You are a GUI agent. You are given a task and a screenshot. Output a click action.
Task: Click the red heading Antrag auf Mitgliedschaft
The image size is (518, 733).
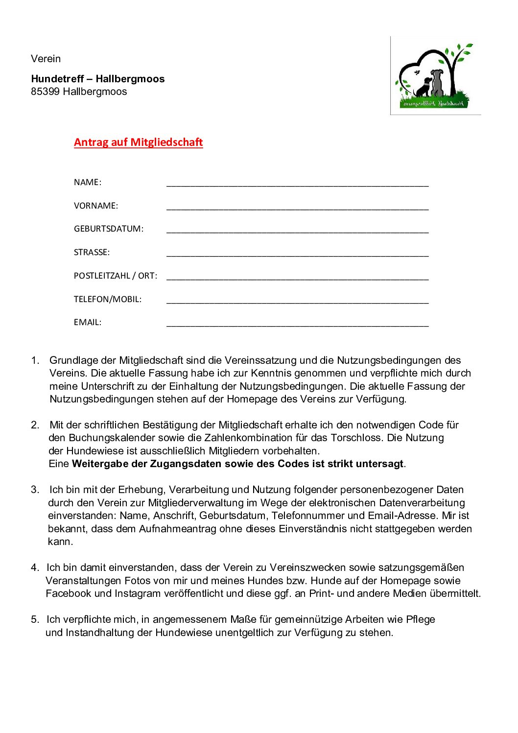click(138, 142)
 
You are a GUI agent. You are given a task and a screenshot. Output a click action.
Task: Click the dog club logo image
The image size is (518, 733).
click(435, 76)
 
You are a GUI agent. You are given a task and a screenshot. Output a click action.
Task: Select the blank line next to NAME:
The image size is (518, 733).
click(297, 184)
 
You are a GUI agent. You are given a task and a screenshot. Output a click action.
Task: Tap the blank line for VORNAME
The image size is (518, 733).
click(297, 208)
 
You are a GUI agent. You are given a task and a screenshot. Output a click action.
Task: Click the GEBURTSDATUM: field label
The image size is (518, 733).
click(109, 229)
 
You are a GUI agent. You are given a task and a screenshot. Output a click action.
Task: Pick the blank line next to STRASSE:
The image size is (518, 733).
click(297, 254)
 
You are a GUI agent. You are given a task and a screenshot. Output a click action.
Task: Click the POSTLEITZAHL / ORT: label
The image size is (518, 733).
click(116, 276)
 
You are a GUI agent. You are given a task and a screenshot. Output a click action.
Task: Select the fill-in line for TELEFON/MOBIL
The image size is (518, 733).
click(297, 301)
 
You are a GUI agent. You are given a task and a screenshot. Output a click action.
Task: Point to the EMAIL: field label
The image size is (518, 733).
click(88, 322)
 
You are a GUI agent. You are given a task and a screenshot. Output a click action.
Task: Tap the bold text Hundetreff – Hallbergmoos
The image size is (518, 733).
click(98, 79)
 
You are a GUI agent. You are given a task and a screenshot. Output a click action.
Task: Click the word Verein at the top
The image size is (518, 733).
click(46, 59)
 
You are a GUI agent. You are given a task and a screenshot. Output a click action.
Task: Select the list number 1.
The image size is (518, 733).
click(35, 360)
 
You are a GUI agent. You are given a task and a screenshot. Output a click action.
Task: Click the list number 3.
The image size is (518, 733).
click(35, 490)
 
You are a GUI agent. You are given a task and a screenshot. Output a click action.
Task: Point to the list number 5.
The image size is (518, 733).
click(35, 619)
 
